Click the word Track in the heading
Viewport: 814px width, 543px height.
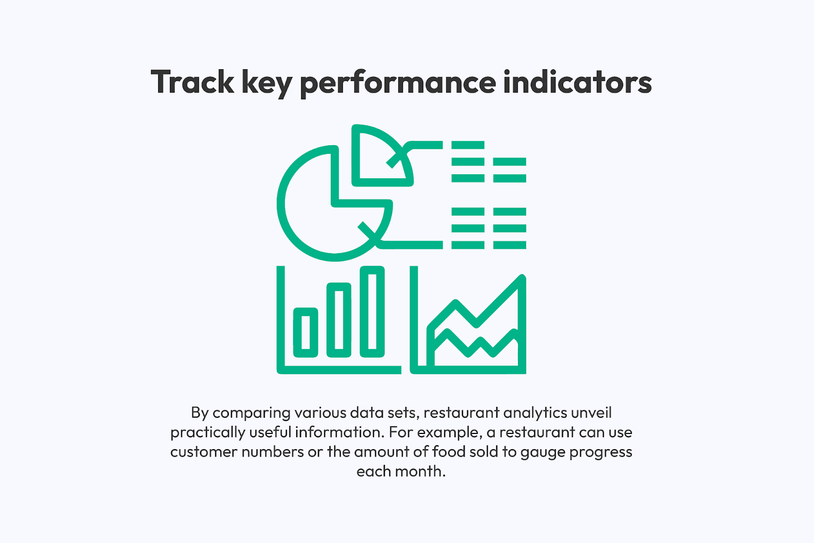coord(192,82)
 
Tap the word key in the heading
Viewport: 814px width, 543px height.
coord(267,84)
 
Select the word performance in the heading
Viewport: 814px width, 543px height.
coord(398,84)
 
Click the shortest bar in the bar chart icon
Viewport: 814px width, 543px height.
coord(306,332)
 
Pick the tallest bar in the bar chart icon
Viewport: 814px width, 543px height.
coord(372,312)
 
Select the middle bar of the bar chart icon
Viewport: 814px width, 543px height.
coord(339,320)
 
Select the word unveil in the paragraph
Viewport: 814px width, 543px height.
coord(592,413)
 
